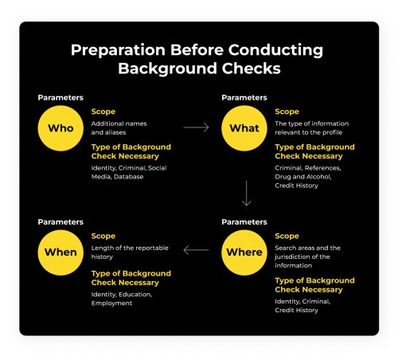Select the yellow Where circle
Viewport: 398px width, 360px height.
click(x=244, y=252)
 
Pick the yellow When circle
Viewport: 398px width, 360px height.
click(x=61, y=252)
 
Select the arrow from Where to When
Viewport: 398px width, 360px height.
click(x=196, y=250)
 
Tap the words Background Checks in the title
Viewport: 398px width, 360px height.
click(x=199, y=68)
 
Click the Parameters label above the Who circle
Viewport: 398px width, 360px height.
click(x=61, y=98)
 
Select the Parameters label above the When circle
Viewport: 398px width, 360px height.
click(x=61, y=221)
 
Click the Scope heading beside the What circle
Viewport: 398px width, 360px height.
click(x=287, y=112)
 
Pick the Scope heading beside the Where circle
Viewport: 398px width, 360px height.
click(x=287, y=236)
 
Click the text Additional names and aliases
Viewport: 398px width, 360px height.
click(x=119, y=127)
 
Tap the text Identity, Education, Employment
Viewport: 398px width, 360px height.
click(x=120, y=299)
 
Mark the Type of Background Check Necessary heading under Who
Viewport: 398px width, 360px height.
click(x=131, y=151)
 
